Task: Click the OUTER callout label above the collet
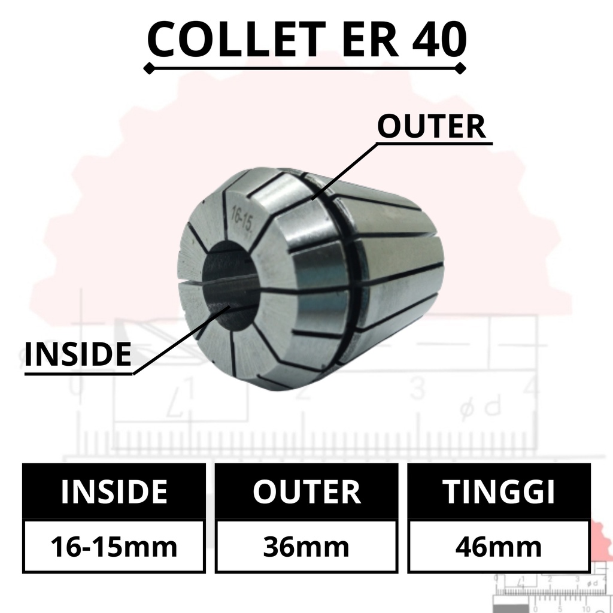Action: coord(431,126)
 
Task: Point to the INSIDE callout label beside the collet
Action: coord(78,354)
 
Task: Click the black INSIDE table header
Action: coord(114,491)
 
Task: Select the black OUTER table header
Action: coord(306,491)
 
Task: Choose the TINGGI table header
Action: coord(499,491)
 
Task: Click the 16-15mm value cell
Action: coord(114,547)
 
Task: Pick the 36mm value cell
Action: coord(306,547)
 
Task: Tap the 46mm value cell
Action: coord(499,547)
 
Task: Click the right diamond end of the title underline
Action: coord(460,70)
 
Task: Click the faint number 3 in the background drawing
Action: coord(417,389)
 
